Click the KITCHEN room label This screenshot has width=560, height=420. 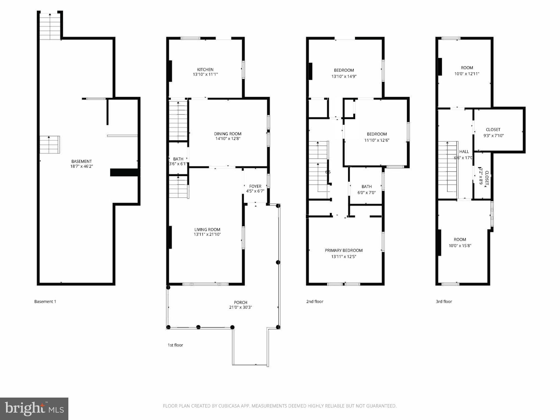pos(205,69)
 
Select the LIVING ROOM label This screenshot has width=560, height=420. pos(207,229)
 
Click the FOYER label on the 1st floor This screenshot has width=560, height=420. pos(255,186)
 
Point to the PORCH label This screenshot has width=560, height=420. pos(240,302)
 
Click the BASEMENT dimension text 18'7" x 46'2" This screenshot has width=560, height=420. pos(81,166)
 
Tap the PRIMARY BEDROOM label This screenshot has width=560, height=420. pos(343,250)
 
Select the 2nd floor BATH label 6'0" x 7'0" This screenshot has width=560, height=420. pos(366,186)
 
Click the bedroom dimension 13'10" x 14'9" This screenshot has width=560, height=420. pos(344,77)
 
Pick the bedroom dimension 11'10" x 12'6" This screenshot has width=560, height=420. pos(377,140)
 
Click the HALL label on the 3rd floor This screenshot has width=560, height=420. pos(464,151)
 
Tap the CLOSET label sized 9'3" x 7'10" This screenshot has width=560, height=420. pos(493,130)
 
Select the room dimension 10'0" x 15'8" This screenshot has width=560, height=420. pos(460,246)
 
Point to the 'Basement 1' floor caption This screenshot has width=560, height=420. pos(45,301)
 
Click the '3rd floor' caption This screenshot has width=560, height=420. pos(444,301)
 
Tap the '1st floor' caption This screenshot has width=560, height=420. pos(175,345)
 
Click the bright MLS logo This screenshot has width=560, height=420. pos(34,409)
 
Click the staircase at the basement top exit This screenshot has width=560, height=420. pos(50,26)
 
